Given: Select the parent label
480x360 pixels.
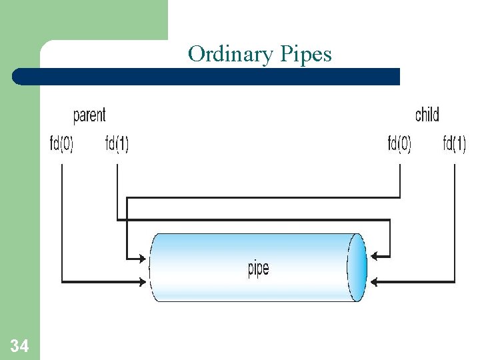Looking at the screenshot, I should coord(89,115).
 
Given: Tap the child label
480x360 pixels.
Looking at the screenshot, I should coord(427,115).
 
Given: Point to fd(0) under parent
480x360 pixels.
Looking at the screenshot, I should coord(61,144).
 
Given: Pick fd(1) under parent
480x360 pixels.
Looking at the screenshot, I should coord(117,144).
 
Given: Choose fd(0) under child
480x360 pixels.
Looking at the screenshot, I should coord(399,144).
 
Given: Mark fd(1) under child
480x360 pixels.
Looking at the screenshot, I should coord(455,144).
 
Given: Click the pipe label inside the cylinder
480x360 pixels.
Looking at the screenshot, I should coord(258,269).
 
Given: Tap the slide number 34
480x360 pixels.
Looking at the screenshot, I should coord(19,345).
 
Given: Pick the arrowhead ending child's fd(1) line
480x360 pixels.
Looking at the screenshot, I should coord(375,282).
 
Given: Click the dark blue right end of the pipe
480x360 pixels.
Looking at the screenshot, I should coord(358,267).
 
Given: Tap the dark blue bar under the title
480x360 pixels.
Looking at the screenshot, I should coord(207,77).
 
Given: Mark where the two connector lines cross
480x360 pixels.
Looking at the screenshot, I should coord(127,220).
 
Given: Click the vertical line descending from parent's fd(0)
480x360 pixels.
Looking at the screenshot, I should coord(61,220).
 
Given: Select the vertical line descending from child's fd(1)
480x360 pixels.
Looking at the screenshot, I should coord(455,220).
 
